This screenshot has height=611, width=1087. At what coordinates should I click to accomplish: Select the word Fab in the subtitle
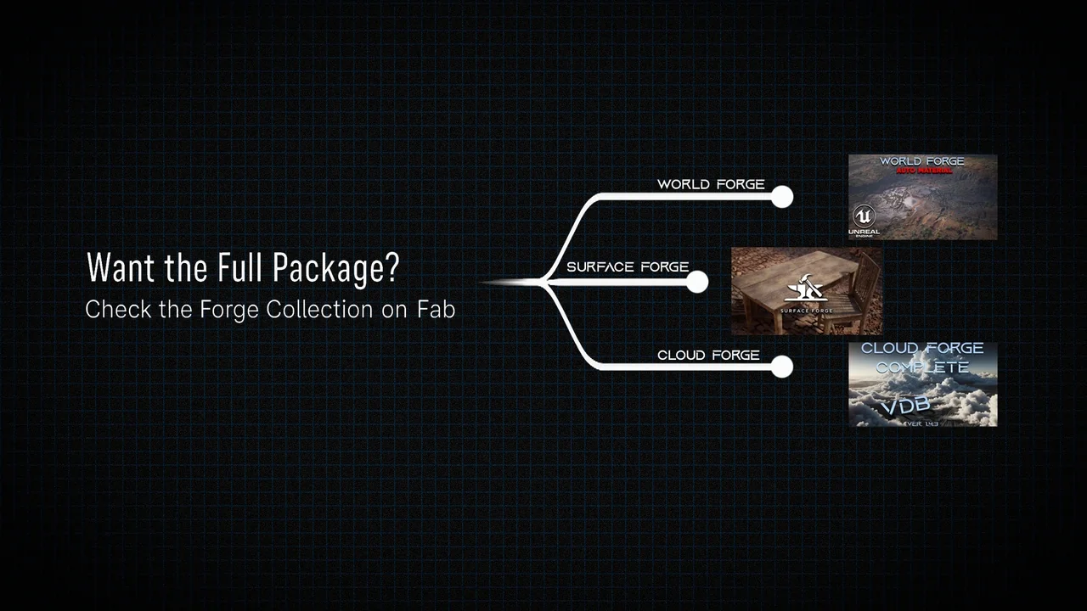(436, 309)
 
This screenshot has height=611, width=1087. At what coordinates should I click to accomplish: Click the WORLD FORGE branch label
(711, 184)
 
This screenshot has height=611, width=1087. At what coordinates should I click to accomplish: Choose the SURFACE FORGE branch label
(628, 266)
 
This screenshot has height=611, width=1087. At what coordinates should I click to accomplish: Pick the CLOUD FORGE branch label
(708, 355)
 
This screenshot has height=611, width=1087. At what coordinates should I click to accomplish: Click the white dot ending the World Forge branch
(782, 197)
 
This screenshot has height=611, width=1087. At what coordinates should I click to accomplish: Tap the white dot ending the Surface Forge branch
(697, 282)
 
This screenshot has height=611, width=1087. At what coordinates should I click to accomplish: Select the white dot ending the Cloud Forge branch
(782, 367)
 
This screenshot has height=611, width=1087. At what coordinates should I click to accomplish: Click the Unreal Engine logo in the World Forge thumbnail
(864, 218)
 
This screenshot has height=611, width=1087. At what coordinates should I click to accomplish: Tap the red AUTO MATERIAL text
(922, 171)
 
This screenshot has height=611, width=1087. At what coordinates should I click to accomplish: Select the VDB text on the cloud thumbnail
(906, 406)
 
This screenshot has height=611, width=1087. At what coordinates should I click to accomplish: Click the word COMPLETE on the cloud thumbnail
(922, 367)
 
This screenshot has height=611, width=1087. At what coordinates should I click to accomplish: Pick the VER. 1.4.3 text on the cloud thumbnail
(922, 423)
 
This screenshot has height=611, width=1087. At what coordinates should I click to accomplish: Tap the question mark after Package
(391, 268)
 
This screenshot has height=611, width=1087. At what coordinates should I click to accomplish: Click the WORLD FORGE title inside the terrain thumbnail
(922, 160)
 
